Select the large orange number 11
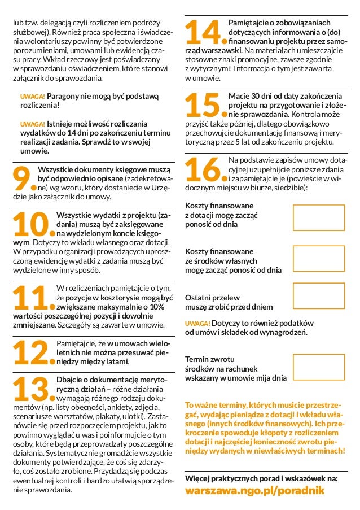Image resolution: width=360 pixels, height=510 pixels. (x=29, y=298)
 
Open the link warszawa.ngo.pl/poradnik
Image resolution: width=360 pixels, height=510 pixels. (x=255, y=492)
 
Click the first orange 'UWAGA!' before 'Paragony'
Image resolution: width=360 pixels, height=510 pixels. (x=32, y=97)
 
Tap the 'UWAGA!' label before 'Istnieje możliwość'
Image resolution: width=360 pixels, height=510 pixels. (x=32, y=124)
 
